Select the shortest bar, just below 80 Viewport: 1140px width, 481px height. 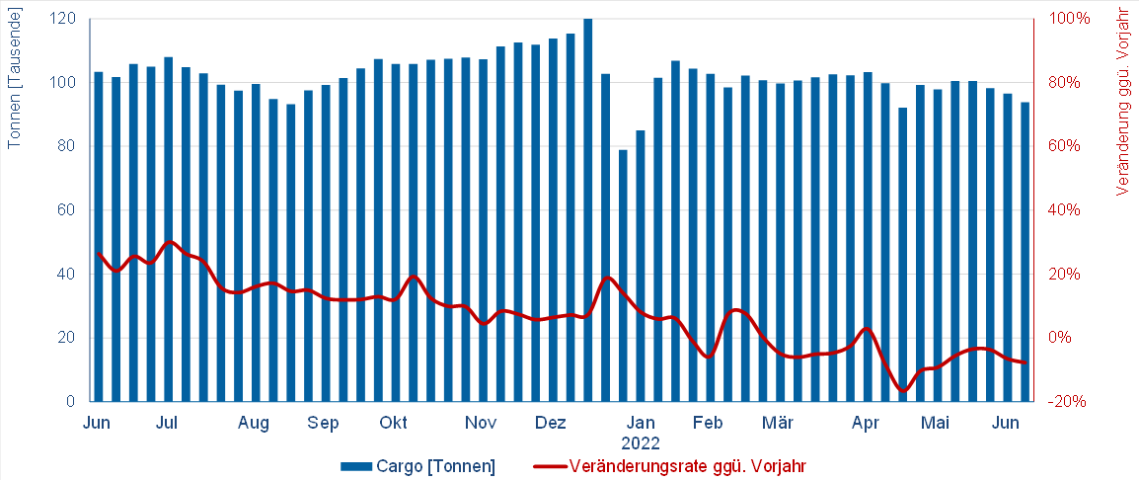(x=623, y=276)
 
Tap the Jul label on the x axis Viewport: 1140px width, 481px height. (x=167, y=424)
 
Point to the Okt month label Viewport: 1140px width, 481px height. (x=394, y=424)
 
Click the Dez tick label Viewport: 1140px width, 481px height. (x=550, y=424)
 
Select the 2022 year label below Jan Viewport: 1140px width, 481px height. (x=641, y=443)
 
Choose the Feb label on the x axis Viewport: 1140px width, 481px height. (x=708, y=424)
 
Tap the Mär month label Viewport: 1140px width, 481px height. (x=778, y=424)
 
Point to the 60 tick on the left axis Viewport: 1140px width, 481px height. (x=67, y=210)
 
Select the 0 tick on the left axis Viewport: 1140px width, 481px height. (x=71, y=402)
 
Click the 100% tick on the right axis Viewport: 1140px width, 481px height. (x=1068, y=19)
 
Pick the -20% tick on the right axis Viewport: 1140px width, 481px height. (x=1068, y=402)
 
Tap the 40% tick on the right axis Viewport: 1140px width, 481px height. (x=1068, y=210)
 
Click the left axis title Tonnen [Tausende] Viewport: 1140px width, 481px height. (x=15, y=77)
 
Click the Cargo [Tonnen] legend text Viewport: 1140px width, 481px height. (x=435, y=465)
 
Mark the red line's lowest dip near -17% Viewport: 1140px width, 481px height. (x=902, y=390)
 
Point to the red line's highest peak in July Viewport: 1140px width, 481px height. (x=169, y=241)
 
